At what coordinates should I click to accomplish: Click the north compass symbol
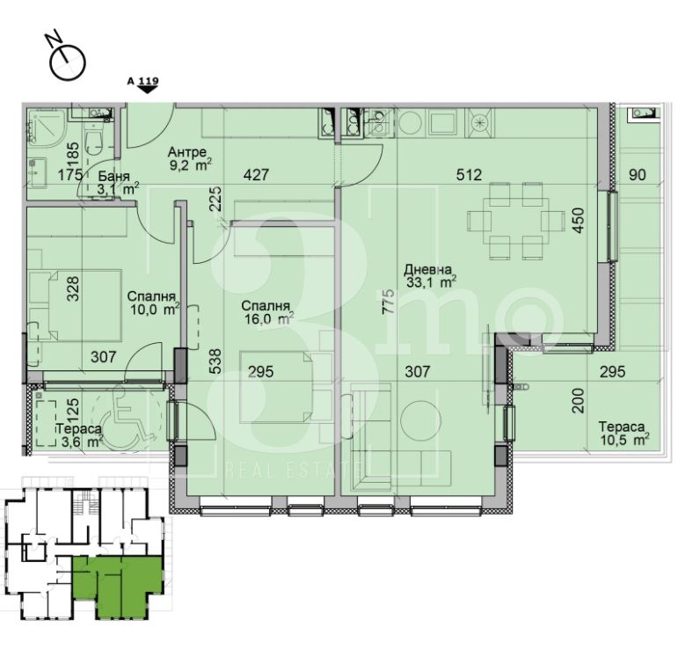point(66,57)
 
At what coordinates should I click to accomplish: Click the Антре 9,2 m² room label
point(189,158)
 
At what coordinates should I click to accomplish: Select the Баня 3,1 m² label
point(118,182)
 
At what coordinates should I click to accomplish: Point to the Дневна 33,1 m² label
point(429,276)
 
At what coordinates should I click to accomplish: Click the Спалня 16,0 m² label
point(267,312)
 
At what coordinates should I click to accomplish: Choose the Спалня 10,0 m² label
point(153,303)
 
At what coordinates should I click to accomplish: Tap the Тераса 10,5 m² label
point(623,433)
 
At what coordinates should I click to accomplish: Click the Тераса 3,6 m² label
point(79,435)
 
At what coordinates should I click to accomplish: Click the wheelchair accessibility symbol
point(128,416)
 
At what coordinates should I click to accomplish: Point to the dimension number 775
point(388,302)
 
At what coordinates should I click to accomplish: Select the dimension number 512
point(470,175)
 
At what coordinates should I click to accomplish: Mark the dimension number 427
point(256,175)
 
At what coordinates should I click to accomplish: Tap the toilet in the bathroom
point(93,139)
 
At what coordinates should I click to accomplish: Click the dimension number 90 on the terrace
point(638,175)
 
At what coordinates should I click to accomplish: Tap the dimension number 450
point(579,221)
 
